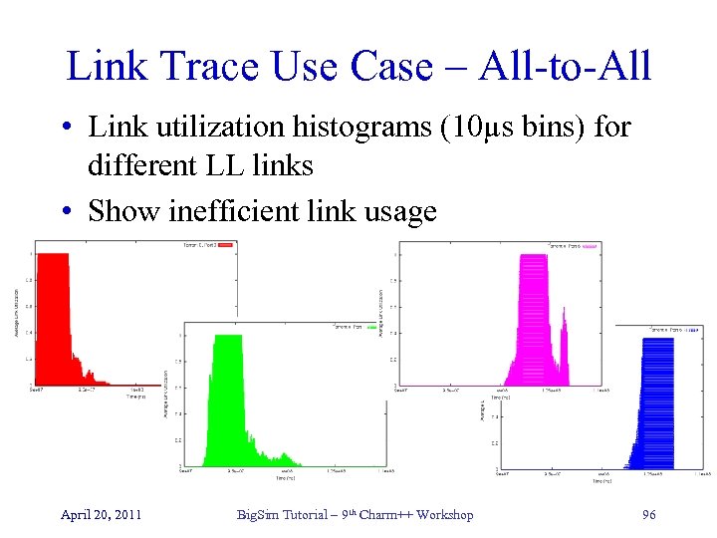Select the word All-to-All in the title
point(567,67)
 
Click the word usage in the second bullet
point(397,211)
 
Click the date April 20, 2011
point(101,514)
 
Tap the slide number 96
point(650,514)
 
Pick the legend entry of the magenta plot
point(573,245)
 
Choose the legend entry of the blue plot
point(677,329)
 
